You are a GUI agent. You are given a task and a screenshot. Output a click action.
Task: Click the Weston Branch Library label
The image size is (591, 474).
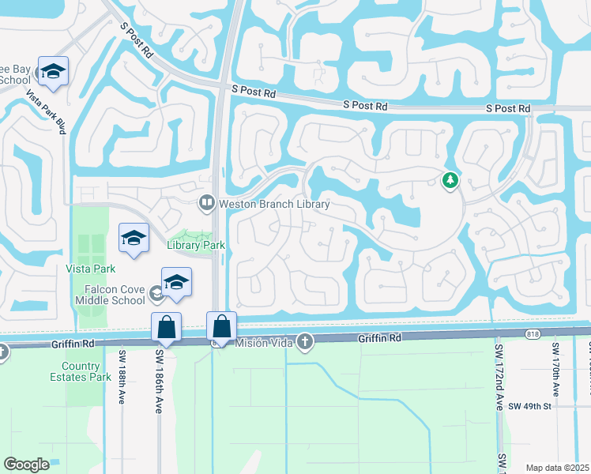274,204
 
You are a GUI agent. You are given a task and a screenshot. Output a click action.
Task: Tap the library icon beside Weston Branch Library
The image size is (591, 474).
207,203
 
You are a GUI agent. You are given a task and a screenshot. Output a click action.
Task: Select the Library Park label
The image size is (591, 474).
197,246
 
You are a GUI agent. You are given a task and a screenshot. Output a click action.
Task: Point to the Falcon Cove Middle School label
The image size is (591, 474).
111,295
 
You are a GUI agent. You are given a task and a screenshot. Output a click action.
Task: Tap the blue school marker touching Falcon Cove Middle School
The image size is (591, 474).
176,282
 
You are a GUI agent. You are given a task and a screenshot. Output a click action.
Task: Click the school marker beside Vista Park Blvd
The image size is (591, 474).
53,70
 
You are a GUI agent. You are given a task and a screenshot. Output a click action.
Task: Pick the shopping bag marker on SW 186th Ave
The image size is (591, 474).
166,326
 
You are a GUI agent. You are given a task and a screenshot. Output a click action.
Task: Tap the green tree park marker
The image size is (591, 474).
450,181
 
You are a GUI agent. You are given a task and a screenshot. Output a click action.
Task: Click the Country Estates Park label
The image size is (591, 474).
86,371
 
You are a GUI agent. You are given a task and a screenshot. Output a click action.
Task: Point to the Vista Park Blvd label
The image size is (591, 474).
46,111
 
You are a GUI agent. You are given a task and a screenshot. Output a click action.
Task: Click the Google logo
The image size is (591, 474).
26,465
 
